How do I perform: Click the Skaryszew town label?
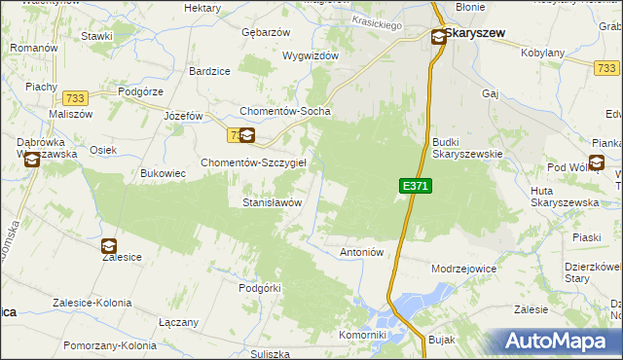click(476, 32)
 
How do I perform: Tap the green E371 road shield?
click(414, 186)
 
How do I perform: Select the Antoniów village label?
click(363, 252)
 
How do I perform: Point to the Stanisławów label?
click(272, 202)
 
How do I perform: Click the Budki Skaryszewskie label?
click(466, 147)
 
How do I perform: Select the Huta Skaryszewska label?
click(558, 196)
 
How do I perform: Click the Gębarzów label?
click(266, 32)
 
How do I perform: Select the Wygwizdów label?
click(310, 55)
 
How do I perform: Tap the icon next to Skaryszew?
click(438, 37)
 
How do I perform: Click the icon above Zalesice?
click(108, 246)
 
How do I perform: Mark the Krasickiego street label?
click(377, 24)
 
